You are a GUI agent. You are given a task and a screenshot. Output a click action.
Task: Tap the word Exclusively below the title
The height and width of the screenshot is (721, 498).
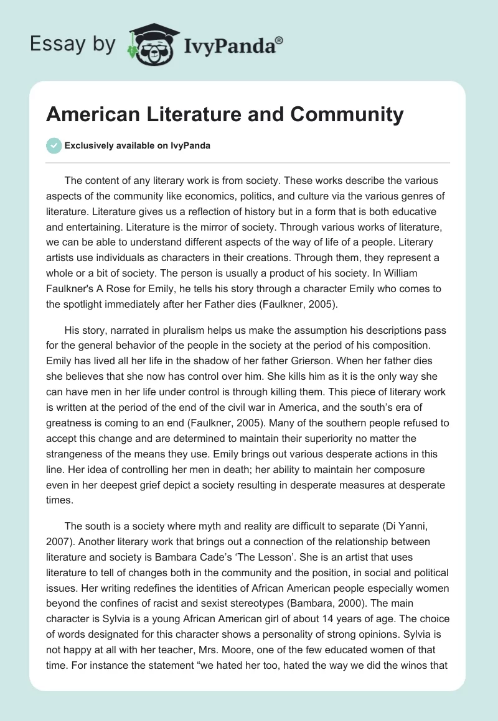click(89, 145)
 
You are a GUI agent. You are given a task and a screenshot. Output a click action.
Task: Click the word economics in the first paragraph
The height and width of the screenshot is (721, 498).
click(230, 196)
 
